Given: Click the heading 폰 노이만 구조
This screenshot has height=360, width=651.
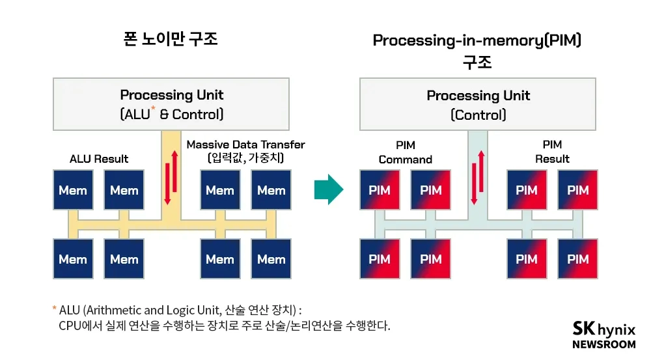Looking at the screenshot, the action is [x=171, y=38].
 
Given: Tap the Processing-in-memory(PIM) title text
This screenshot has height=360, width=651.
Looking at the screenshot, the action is [x=477, y=40].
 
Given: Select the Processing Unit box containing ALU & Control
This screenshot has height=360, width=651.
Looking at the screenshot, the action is [x=171, y=104].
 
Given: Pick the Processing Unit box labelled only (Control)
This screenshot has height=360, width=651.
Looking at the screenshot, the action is [x=477, y=104].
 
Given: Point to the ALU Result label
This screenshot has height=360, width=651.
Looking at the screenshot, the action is [x=99, y=159].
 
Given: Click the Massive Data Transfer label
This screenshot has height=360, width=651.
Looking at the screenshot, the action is [x=245, y=145].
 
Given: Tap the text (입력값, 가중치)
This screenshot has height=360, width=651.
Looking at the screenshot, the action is [x=245, y=158].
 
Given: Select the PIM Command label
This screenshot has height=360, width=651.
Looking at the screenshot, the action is [x=405, y=152].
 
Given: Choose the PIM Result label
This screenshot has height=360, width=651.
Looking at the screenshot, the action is [x=552, y=152].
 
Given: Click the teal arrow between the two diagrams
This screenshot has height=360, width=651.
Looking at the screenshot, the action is [x=329, y=189].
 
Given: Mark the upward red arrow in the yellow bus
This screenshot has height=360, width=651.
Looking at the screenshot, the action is [x=174, y=171].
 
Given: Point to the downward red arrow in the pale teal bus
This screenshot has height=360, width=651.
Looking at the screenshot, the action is [x=474, y=184].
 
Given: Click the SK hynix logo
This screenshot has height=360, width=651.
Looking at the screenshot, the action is [x=603, y=329].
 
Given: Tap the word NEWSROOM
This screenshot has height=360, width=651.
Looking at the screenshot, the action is [x=603, y=344].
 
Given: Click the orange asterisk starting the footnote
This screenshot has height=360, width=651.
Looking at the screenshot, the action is [x=55, y=308].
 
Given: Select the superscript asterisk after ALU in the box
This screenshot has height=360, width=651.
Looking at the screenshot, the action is [x=153, y=108].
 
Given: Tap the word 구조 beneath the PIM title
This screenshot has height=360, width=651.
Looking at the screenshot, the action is [x=477, y=62].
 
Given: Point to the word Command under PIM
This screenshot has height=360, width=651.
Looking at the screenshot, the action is [x=405, y=159].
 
